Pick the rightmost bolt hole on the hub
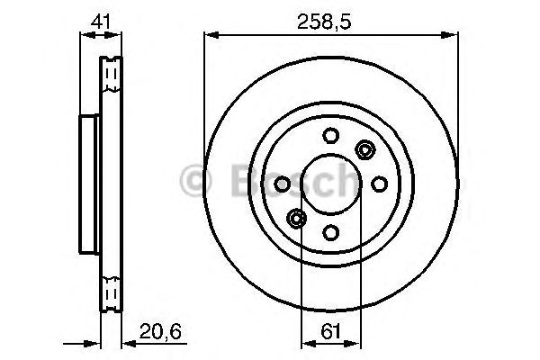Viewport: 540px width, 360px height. tap(379, 184)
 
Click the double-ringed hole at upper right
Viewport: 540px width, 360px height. tap(364, 149)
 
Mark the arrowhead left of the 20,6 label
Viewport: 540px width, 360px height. tap(127, 342)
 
